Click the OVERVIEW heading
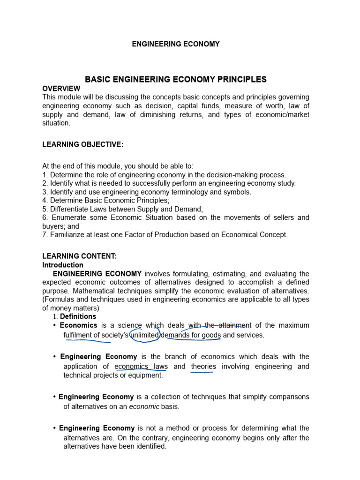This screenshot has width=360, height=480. (61, 89)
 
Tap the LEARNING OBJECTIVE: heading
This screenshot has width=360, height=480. (82, 145)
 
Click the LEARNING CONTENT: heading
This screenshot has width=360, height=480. (79, 256)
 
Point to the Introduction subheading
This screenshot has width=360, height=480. (63, 265)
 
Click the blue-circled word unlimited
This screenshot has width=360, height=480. (145, 335)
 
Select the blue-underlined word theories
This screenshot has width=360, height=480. (203, 367)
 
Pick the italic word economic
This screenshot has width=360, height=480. (144, 406)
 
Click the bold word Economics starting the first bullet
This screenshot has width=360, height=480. (78, 325)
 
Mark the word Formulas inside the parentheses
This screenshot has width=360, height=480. (59, 300)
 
